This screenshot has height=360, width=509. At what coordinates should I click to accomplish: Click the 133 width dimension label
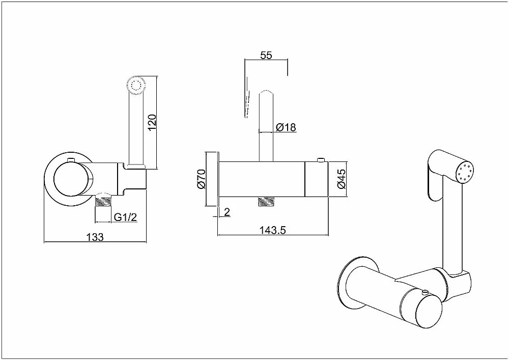pyautogui.click(x=95, y=237)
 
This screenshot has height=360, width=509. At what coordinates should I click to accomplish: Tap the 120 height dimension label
pyautogui.click(x=152, y=123)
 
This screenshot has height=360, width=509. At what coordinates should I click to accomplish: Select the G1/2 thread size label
pyautogui.click(x=125, y=217)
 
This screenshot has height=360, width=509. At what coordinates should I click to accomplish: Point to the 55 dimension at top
pyautogui.click(x=266, y=55)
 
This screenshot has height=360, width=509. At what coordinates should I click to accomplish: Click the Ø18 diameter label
pyautogui.click(x=286, y=127)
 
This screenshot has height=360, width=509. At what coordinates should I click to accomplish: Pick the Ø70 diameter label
pyautogui.click(x=201, y=179)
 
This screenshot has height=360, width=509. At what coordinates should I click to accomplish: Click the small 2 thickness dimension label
pyautogui.click(x=227, y=212)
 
